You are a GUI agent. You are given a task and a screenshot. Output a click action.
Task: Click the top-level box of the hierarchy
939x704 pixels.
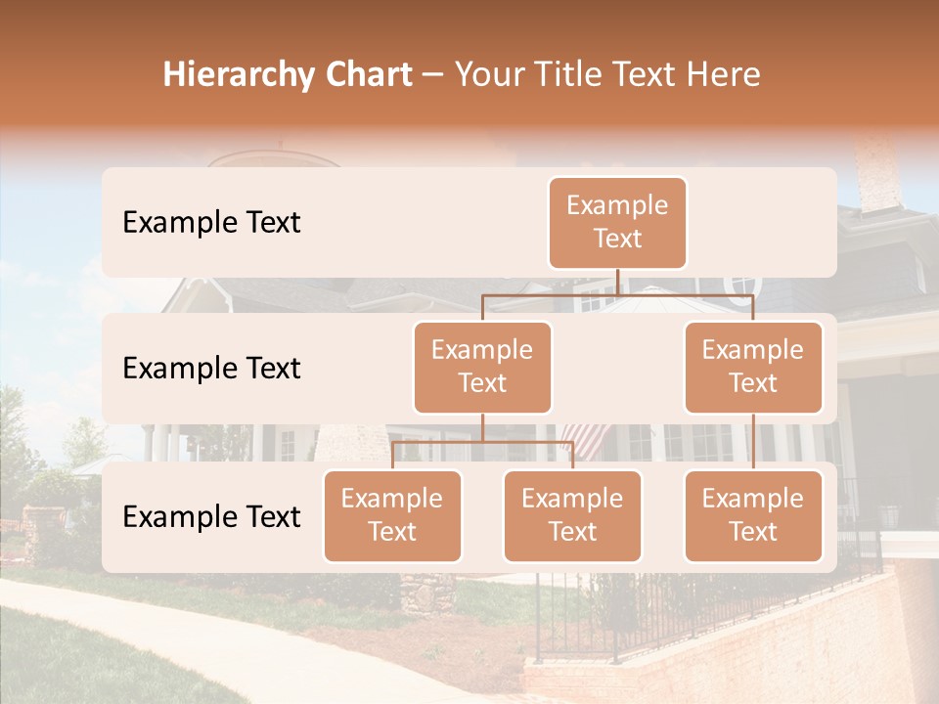pyautogui.click(x=617, y=223)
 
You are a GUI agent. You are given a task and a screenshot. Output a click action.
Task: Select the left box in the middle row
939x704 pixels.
pyautogui.click(x=482, y=368)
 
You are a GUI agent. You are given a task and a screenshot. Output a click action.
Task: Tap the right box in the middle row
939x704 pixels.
pyautogui.click(x=753, y=368)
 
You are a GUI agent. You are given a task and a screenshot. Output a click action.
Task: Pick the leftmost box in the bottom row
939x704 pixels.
pyautogui.click(x=392, y=516)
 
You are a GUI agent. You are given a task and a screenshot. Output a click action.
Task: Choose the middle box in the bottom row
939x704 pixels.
pyautogui.click(x=572, y=516)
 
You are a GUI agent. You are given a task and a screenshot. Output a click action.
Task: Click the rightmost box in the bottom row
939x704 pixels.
pyautogui.click(x=753, y=516)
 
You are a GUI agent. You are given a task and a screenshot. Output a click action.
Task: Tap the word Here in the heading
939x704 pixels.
pyautogui.click(x=724, y=74)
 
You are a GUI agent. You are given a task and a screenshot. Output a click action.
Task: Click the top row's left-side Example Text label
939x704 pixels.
pyautogui.click(x=211, y=223)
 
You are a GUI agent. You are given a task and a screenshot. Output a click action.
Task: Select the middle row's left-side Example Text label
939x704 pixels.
pyautogui.click(x=211, y=369)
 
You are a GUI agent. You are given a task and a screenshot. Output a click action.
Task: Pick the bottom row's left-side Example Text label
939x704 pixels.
pyautogui.click(x=211, y=517)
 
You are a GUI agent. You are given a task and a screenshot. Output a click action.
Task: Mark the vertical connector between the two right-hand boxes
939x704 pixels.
pyautogui.click(x=753, y=442)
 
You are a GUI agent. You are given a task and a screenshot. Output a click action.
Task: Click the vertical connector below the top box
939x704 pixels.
pyautogui.click(x=617, y=282)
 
